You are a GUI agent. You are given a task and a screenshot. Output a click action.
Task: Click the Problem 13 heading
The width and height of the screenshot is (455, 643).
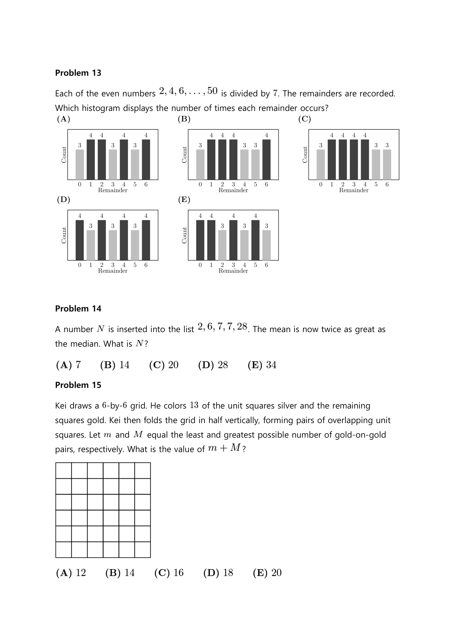point(78,73)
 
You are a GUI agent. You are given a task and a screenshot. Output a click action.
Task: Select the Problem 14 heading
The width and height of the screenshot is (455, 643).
point(78,308)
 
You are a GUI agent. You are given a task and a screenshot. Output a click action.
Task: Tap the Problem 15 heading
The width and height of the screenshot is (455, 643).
point(78,385)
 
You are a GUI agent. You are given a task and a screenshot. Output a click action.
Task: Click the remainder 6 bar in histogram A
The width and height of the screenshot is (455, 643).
point(146,159)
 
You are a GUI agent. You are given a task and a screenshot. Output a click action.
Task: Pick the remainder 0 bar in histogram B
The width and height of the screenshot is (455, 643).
point(200,164)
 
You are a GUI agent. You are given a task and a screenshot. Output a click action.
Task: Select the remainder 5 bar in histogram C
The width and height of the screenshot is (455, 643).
point(376,164)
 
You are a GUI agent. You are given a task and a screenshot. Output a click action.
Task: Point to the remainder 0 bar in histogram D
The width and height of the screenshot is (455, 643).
point(80,240)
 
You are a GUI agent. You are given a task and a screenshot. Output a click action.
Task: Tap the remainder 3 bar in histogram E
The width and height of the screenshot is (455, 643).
point(233,240)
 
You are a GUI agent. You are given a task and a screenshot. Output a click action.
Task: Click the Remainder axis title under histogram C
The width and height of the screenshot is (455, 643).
point(353,190)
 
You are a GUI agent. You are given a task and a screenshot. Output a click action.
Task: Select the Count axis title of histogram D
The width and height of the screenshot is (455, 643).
point(64,235)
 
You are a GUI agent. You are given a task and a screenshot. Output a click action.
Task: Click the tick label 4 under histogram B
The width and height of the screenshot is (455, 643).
point(244,184)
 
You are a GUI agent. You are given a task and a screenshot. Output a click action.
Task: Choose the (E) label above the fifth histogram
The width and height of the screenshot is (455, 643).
point(184,199)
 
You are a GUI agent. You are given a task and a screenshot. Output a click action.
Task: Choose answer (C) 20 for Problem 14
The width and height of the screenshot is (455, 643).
point(164,365)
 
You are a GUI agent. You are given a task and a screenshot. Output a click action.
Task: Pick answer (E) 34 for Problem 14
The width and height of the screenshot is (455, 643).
point(262,365)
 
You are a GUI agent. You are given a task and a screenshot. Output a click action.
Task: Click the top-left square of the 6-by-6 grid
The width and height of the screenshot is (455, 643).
point(64,470)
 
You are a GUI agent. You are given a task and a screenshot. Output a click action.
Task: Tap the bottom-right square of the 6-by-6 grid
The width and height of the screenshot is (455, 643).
point(142,550)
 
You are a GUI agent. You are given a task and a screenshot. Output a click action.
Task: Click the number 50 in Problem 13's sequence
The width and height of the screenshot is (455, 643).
point(212,91)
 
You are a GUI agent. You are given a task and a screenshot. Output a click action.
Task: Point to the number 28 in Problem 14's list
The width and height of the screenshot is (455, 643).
point(242,327)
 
